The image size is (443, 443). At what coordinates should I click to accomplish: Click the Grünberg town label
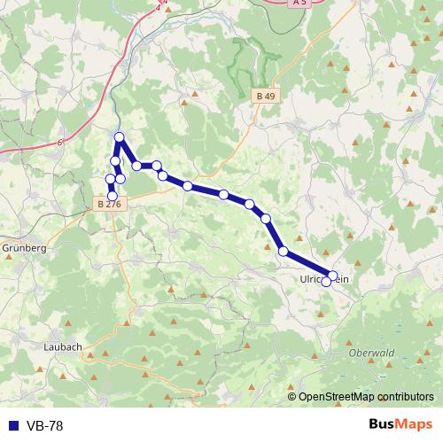tap(24, 248)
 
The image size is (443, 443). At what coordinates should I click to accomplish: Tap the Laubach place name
tap(62, 346)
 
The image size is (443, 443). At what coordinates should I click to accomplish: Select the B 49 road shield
tap(265, 95)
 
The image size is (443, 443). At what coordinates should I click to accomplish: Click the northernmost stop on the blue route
tap(120, 136)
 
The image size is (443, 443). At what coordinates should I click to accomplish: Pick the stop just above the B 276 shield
tap(112, 195)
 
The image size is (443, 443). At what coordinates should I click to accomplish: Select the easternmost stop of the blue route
tap(333, 276)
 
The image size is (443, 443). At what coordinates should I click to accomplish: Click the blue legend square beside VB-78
tap(10, 426)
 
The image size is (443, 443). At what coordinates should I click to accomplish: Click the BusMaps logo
tap(400, 425)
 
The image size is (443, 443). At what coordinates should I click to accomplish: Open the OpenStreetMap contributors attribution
tap(366, 396)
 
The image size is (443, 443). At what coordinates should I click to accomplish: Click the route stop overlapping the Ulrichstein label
tap(326, 282)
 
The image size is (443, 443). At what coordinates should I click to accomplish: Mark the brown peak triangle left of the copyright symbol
tap(281, 396)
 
